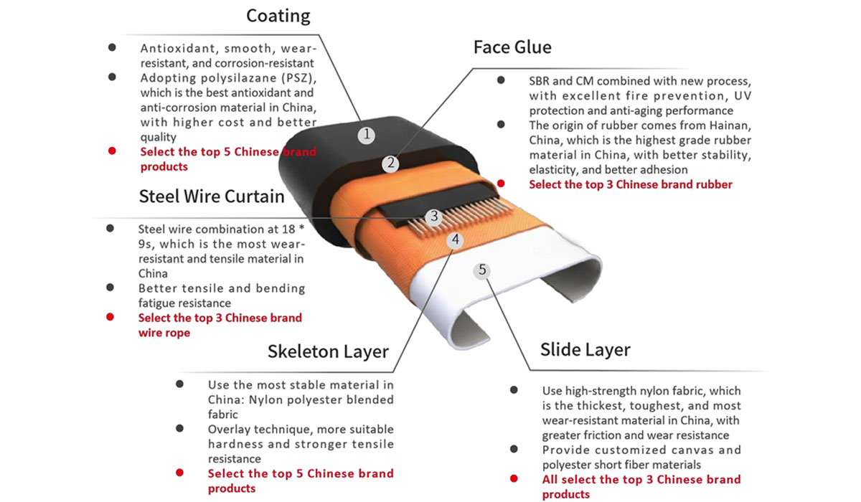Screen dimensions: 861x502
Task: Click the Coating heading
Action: [x=278, y=16]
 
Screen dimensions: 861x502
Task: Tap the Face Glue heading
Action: [x=512, y=47]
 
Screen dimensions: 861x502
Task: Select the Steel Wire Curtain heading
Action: [x=212, y=196]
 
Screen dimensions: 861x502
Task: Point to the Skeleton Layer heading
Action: [x=329, y=352]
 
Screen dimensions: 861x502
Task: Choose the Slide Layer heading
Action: [x=585, y=350]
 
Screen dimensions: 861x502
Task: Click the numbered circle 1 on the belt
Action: [x=367, y=135]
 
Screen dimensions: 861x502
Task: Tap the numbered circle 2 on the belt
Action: [x=390, y=164]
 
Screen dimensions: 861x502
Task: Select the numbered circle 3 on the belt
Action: [x=434, y=217]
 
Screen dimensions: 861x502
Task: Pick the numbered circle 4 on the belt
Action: [x=456, y=240]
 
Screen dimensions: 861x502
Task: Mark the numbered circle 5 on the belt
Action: [x=482, y=270]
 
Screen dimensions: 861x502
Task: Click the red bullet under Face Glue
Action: [x=501, y=184]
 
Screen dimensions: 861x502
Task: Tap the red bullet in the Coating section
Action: [x=112, y=151]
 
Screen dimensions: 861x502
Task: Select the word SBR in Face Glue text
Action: [x=540, y=81]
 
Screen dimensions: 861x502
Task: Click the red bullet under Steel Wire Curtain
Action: [x=110, y=317]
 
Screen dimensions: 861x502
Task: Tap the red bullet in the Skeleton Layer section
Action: [x=179, y=473]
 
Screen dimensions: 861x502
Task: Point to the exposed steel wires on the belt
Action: [x=461, y=217]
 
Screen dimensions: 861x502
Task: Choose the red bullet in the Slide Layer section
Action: [x=514, y=478]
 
